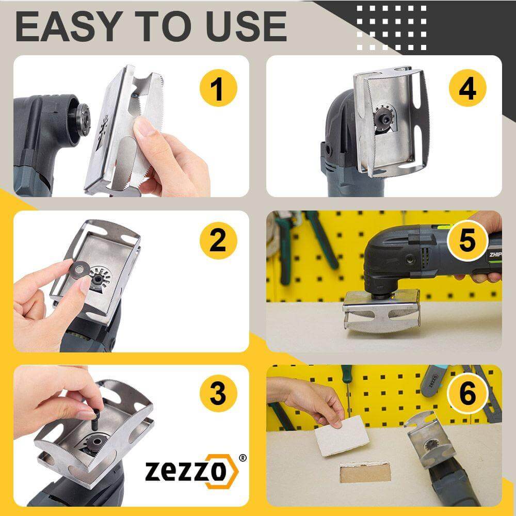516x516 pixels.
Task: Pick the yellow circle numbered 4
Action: pos(467,88)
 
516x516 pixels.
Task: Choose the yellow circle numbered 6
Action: pos(467,395)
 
